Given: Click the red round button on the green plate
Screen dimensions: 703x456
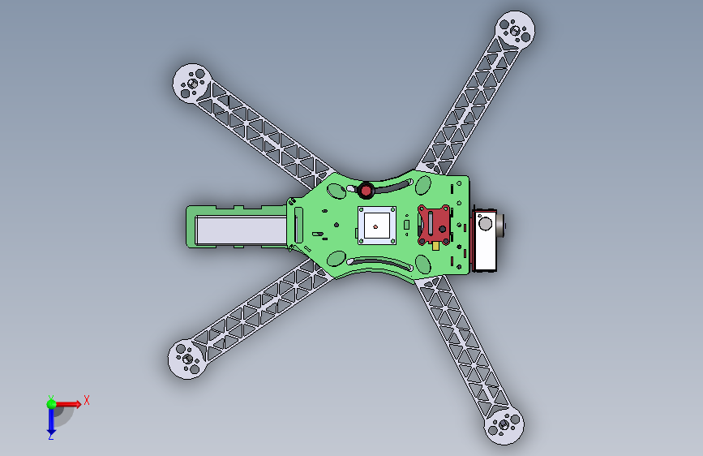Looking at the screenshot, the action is pos(366,191).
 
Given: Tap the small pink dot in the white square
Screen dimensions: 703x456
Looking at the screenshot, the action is pos(375,226).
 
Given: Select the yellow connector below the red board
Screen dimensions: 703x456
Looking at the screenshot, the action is pos(435,246).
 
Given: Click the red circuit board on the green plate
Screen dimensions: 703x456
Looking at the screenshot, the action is pos(434,226).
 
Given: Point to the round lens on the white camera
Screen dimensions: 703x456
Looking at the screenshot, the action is pos(485,223).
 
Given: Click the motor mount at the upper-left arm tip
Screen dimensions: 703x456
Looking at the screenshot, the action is pos(192,83).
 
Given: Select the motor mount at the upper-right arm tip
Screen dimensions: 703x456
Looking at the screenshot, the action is pos(515,30).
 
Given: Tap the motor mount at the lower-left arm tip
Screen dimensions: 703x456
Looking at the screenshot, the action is pos(187,359).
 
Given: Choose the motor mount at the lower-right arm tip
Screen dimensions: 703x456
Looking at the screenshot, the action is pos(504,425).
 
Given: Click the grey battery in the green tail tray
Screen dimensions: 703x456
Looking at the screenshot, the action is pos(242,230).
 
